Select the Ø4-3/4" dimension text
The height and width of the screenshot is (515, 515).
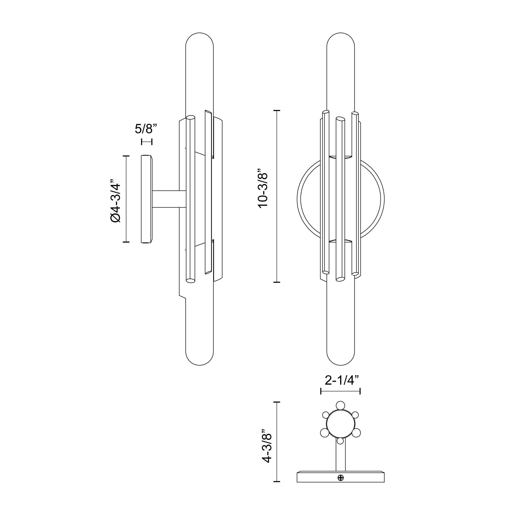115,199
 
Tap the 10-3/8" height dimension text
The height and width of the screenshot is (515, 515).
263,188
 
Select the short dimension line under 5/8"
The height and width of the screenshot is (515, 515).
147,142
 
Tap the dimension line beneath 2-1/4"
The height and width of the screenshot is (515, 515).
340,391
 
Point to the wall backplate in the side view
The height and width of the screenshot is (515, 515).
146,199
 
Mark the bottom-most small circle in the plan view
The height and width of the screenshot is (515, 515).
340,441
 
